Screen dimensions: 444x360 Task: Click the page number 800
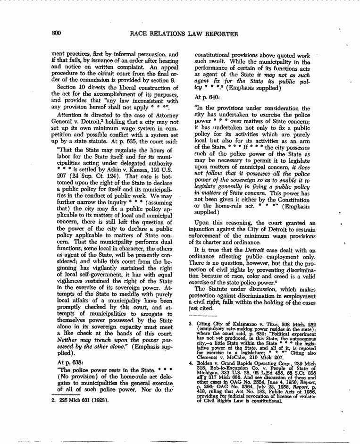(57, 34)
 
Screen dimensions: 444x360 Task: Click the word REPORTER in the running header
(220, 34)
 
